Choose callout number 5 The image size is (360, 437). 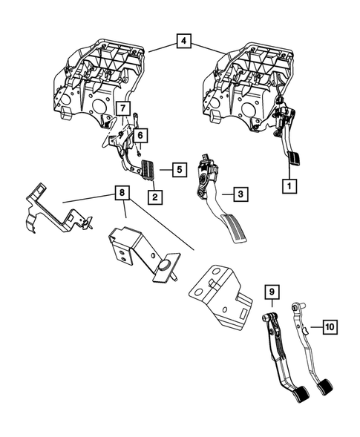coord(179,170)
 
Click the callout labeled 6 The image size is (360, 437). coord(140,136)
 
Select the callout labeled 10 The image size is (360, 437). coord(330,325)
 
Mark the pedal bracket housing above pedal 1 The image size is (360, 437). coord(249,78)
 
